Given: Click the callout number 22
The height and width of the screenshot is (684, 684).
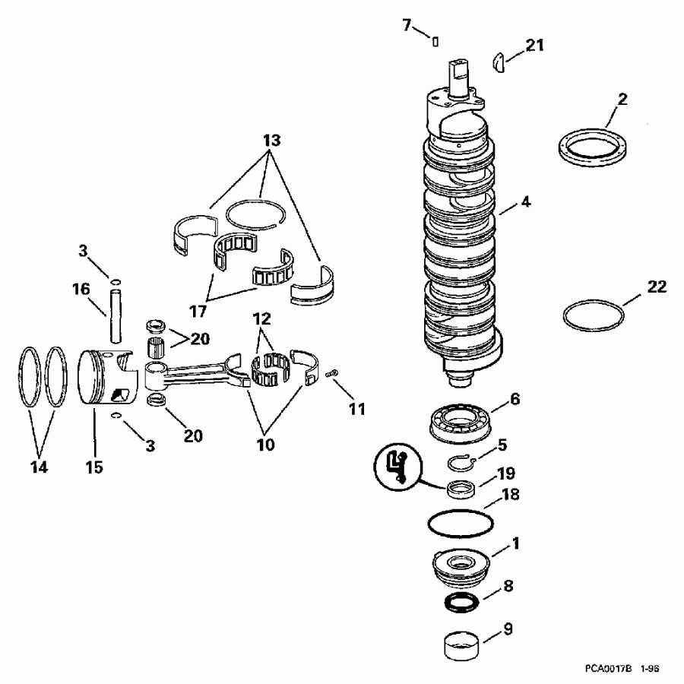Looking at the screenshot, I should [657, 287].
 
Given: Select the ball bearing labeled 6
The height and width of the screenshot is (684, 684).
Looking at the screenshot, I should [462, 421].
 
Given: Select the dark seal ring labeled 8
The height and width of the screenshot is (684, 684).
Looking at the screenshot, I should [461, 603].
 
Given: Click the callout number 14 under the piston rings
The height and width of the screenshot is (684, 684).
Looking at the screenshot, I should [39, 467].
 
